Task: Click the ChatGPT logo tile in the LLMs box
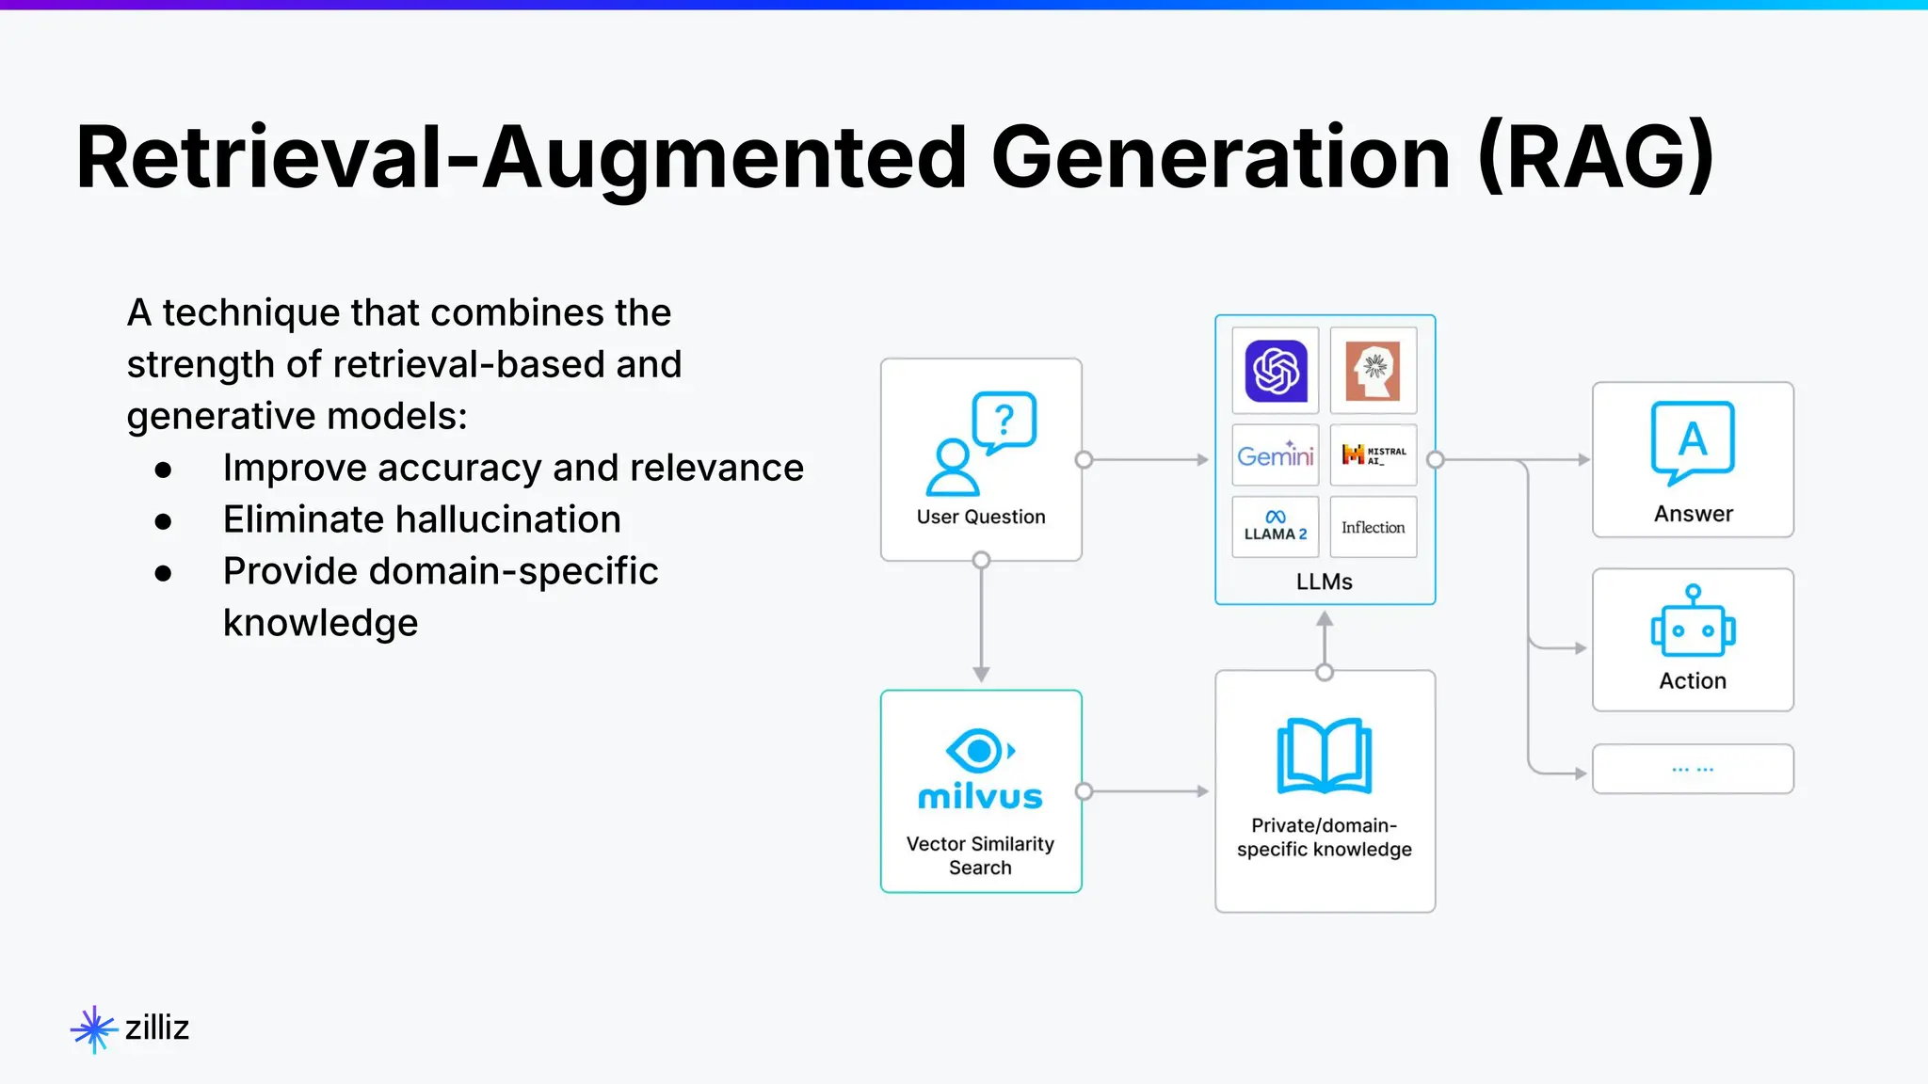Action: coord(1276,371)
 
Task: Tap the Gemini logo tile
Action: coord(1276,455)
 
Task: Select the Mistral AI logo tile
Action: coord(1374,455)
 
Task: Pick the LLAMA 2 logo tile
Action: coord(1276,527)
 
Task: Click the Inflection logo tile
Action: coord(1374,527)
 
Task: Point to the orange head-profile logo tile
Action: coord(1374,371)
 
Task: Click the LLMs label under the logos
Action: coord(1324,582)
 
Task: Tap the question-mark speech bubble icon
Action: coord(1004,422)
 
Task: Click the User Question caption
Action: coord(981,517)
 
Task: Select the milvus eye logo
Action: coord(980,751)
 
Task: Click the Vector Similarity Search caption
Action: coord(980,855)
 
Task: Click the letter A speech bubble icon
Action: coord(1693,441)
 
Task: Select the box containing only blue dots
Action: coord(1693,769)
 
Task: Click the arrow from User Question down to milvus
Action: coord(981,621)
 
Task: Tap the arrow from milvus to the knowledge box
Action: coord(1147,791)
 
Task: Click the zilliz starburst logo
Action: coord(93,1028)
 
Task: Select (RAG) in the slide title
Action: coord(1596,157)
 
